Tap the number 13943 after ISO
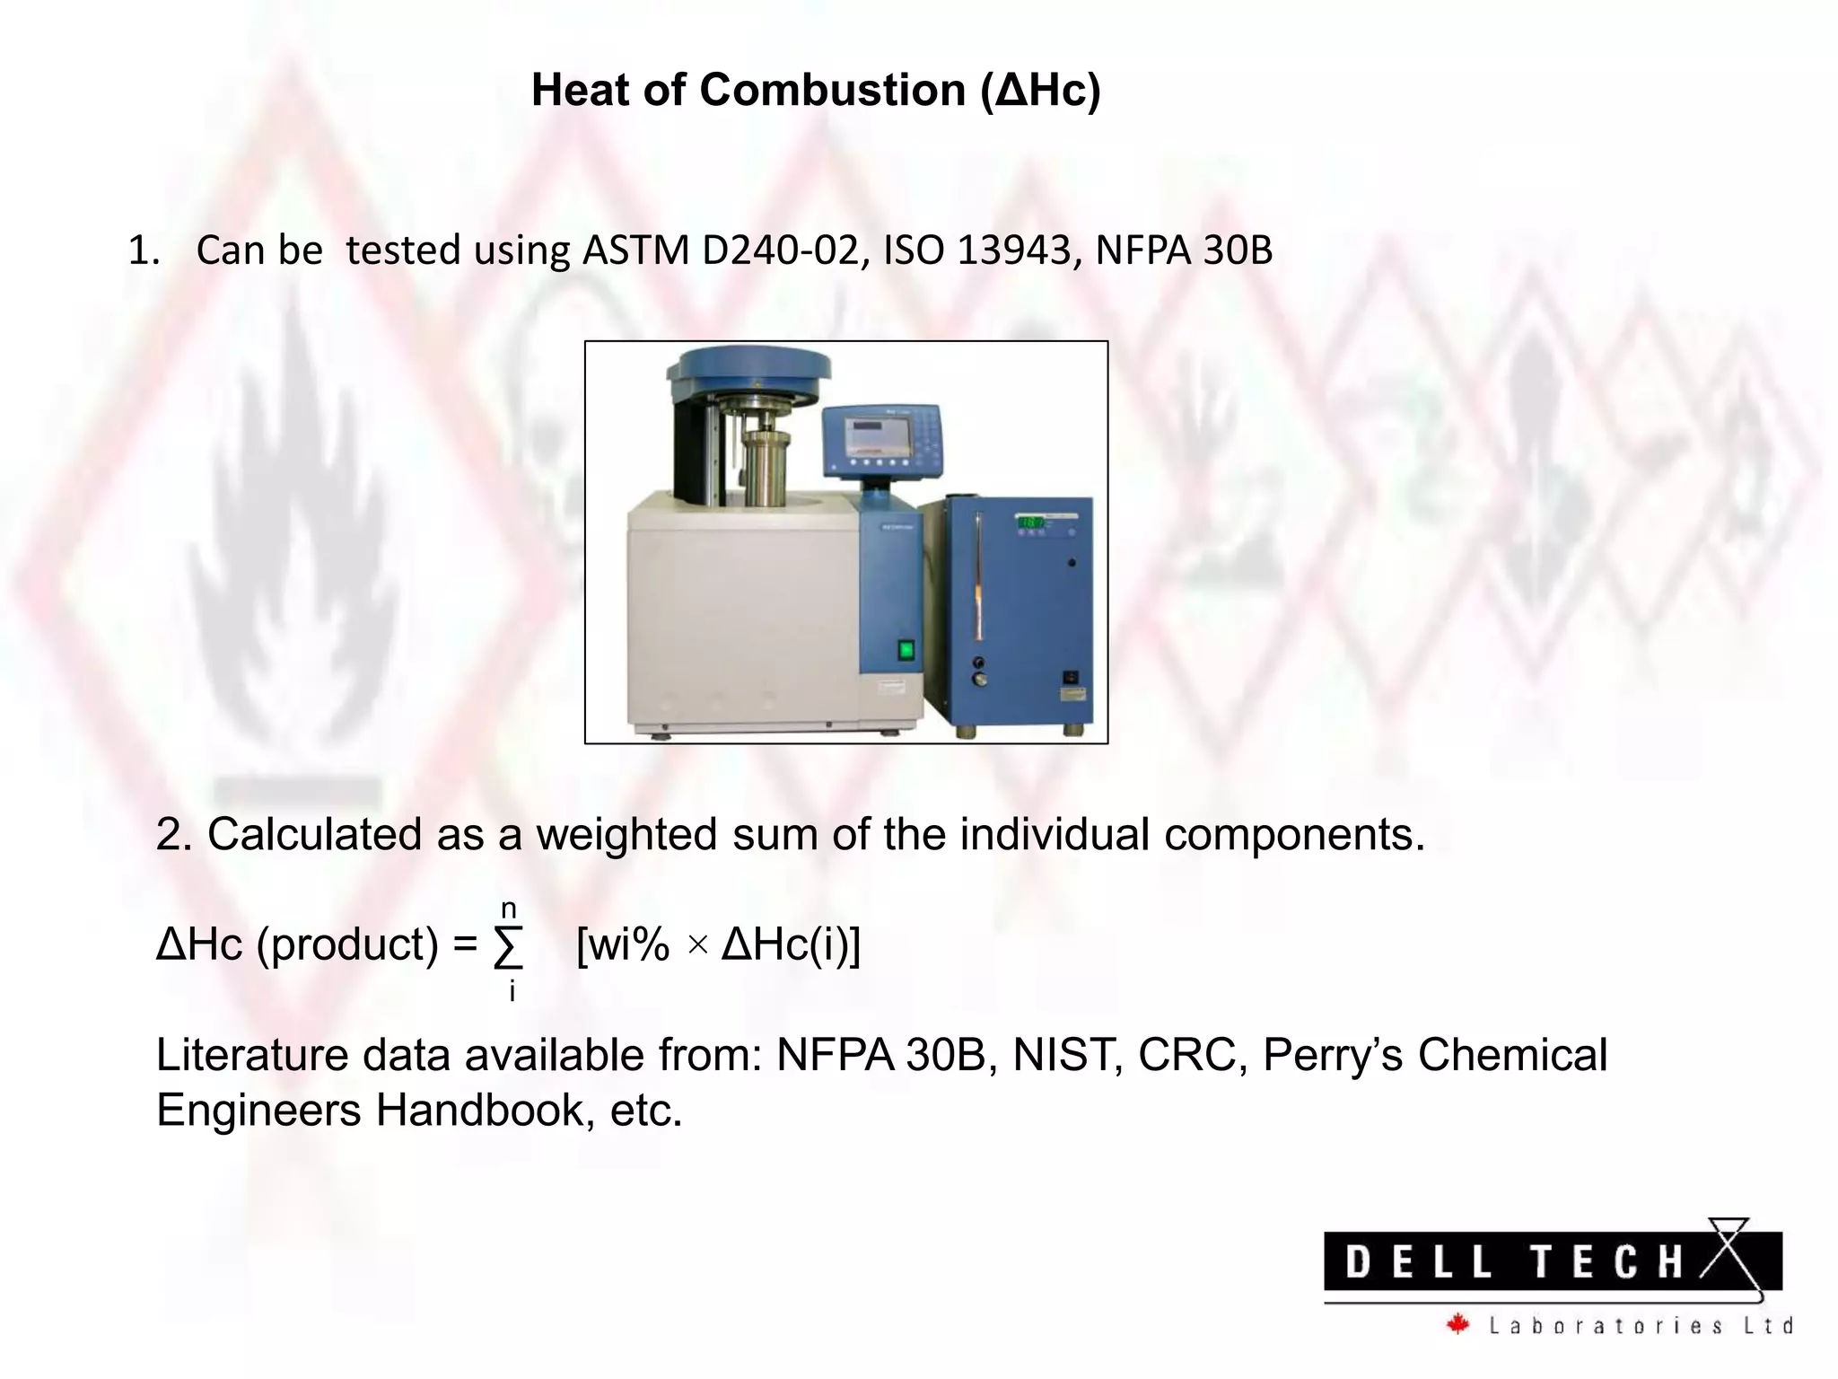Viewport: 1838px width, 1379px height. [x=1013, y=250]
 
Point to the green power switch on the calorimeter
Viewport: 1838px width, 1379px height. [x=906, y=649]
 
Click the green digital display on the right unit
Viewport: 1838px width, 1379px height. [x=1028, y=522]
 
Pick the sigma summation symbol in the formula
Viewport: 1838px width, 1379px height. [x=509, y=946]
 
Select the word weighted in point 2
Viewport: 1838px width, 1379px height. [x=626, y=834]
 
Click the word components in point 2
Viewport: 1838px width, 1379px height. [x=1293, y=834]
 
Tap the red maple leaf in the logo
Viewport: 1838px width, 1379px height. [x=1458, y=1324]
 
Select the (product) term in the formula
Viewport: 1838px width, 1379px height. [x=347, y=945]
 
